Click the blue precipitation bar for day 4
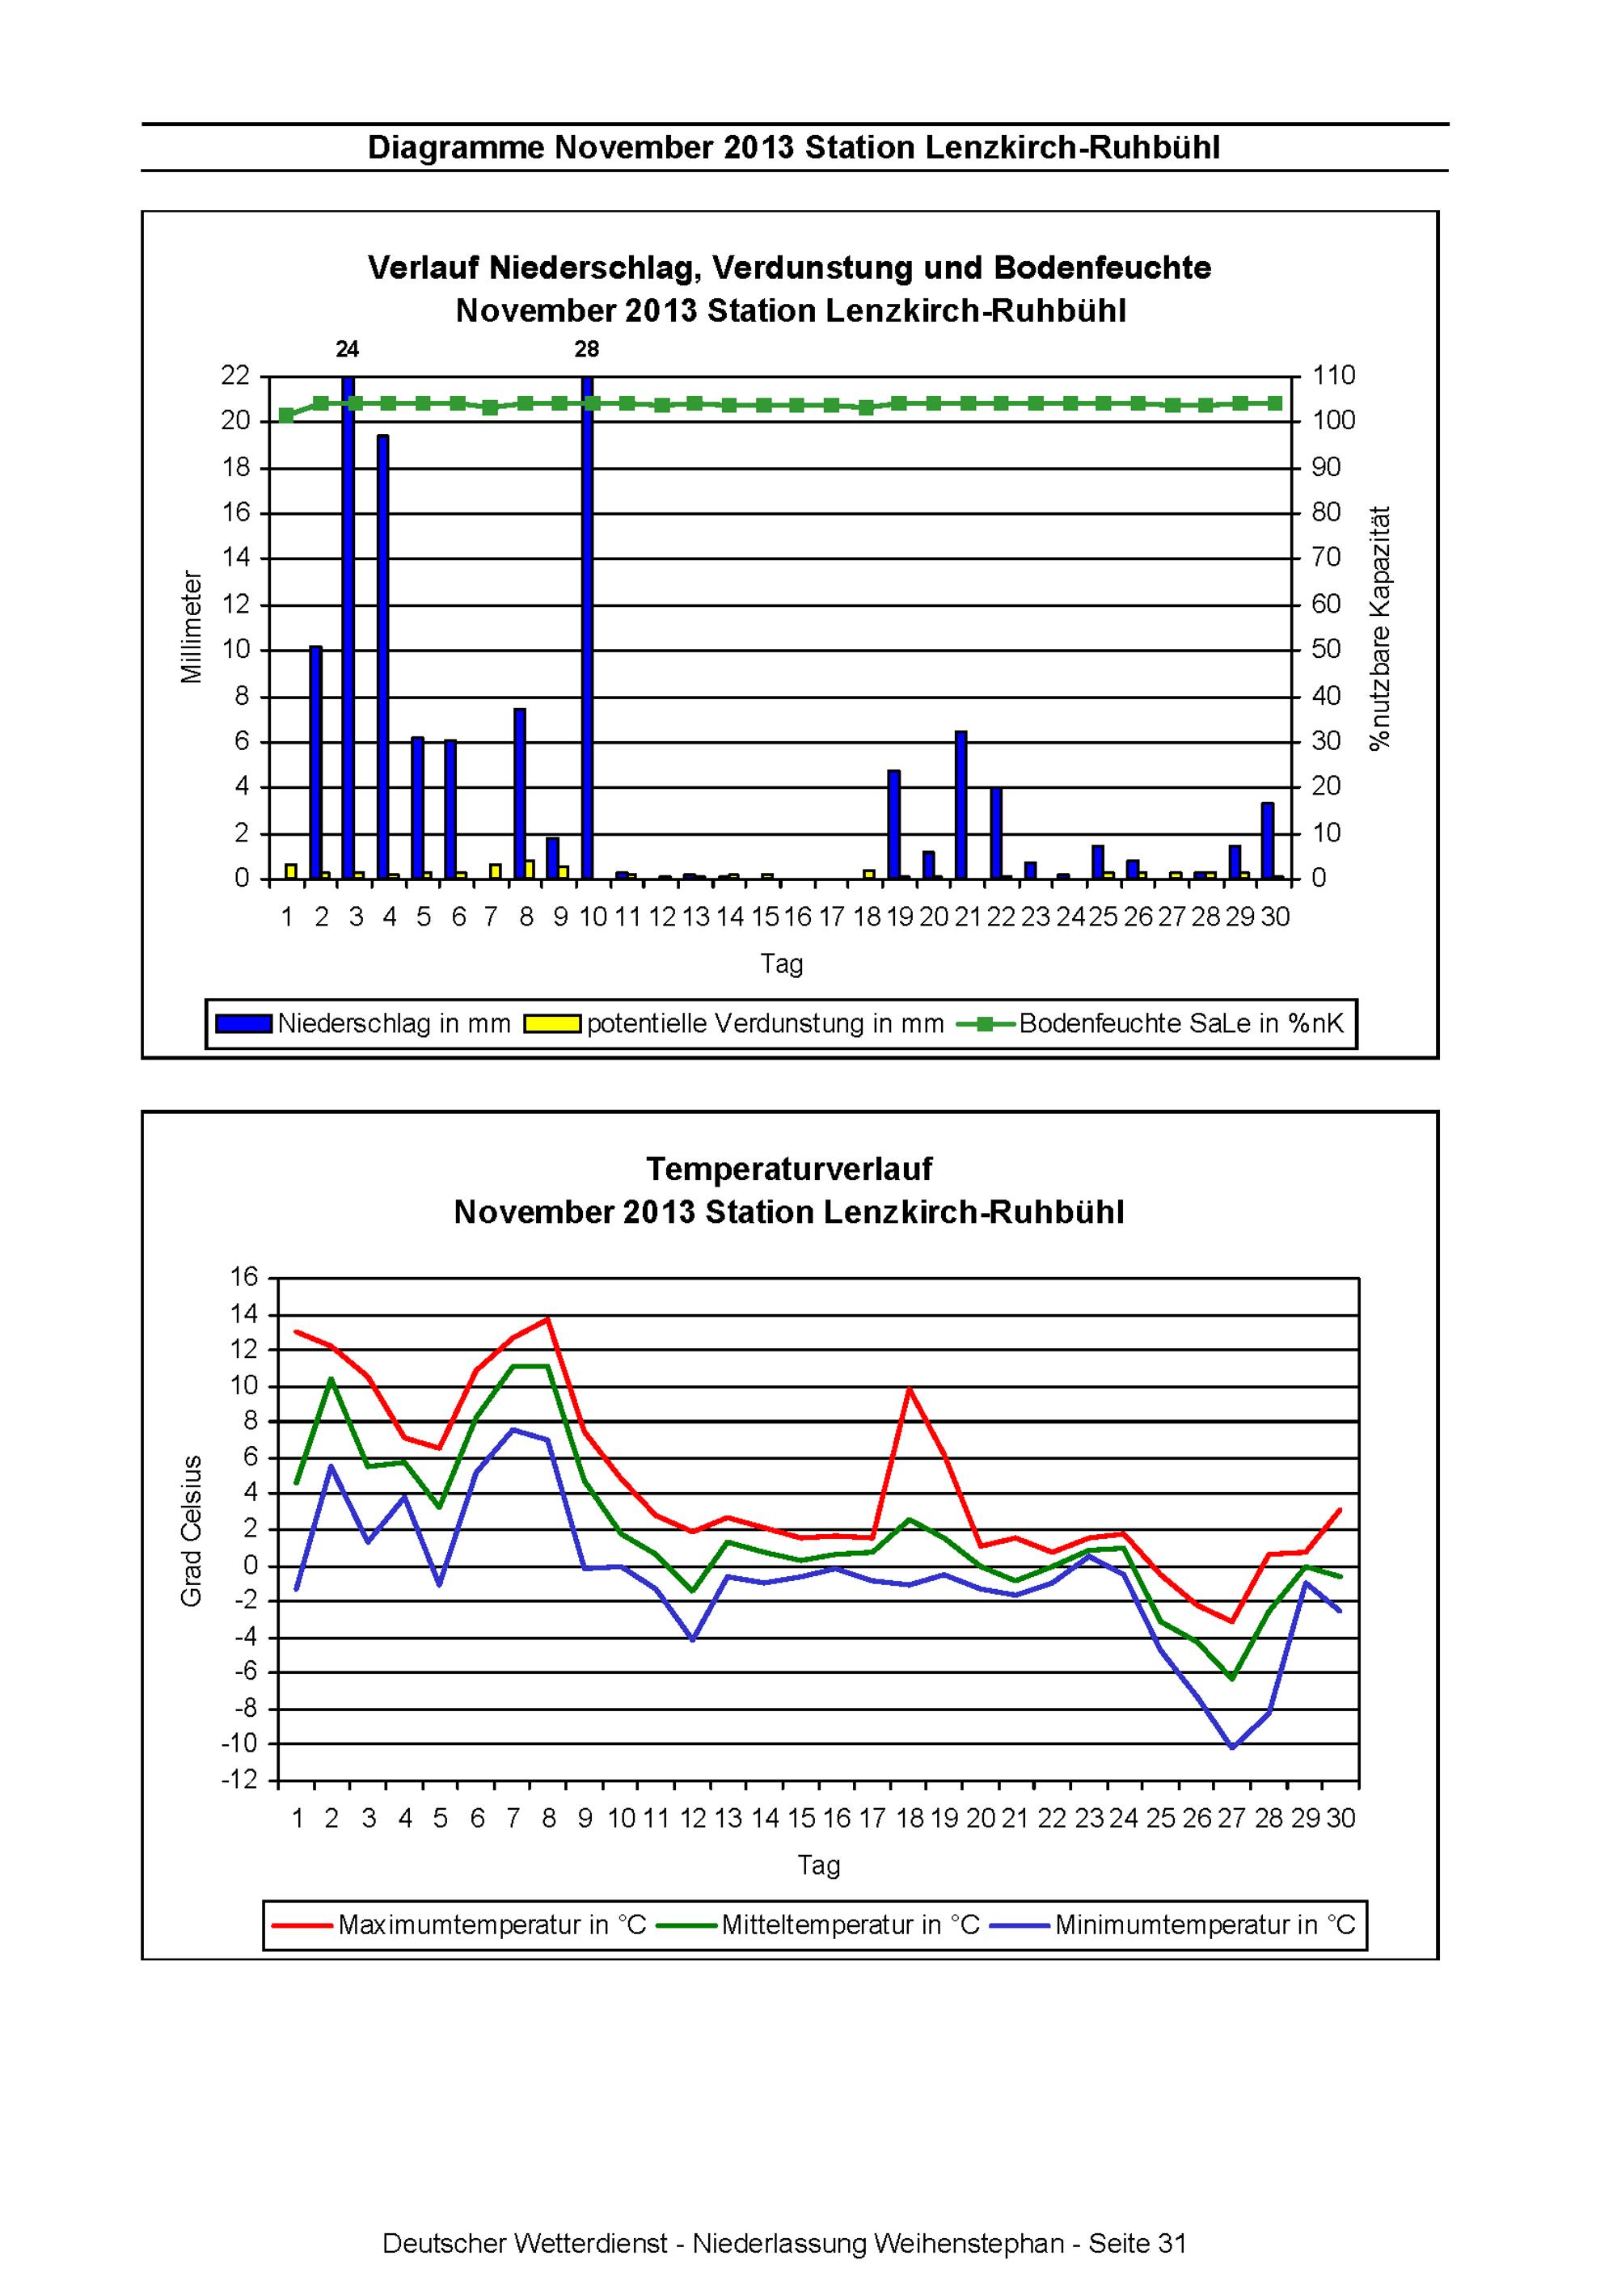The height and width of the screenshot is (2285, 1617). click(382, 657)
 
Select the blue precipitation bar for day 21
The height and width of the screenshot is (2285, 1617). click(960, 805)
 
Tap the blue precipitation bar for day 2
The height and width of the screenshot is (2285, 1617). click(315, 762)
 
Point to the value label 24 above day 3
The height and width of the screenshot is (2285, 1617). click(348, 349)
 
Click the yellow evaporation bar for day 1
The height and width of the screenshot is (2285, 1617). click(291, 872)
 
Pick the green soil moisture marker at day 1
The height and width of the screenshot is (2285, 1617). click(287, 415)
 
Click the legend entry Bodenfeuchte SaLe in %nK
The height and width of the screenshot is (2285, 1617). click(1151, 1023)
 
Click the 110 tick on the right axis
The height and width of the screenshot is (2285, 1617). click(1334, 375)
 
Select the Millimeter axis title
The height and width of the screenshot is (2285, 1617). click(191, 627)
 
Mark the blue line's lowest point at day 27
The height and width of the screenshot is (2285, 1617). click(1233, 1747)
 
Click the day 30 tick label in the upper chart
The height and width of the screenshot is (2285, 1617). click(1276, 917)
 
